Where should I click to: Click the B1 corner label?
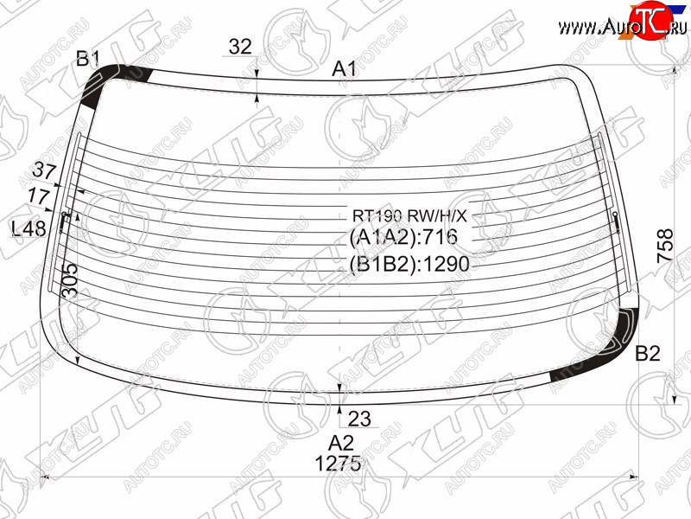click(x=88, y=58)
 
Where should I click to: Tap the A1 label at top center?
click(x=344, y=69)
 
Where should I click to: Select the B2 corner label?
click(x=647, y=354)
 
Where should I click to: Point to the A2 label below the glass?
click(x=341, y=443)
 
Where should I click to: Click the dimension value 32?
click(x=240, y=47)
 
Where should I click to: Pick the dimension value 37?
click(x=45, y=171)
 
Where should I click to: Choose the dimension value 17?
click(x=38, y=195)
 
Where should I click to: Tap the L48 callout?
click(x=29, y=228)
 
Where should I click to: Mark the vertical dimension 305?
click(x=70, y=280)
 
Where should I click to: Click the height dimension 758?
click(x=665, y=247)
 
